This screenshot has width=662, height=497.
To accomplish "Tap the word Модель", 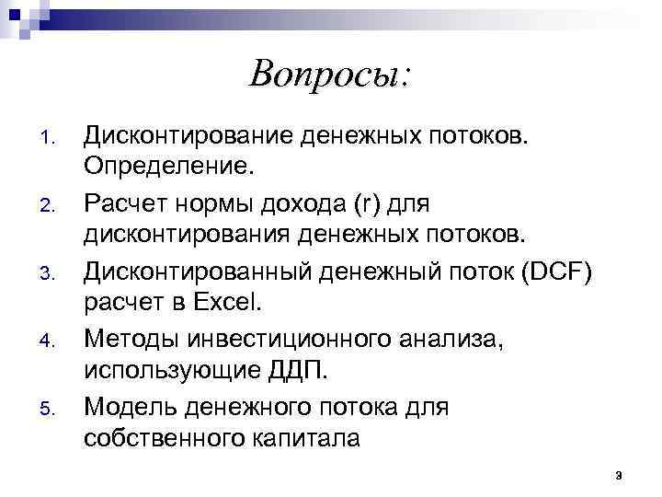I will (x=129, y=402).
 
